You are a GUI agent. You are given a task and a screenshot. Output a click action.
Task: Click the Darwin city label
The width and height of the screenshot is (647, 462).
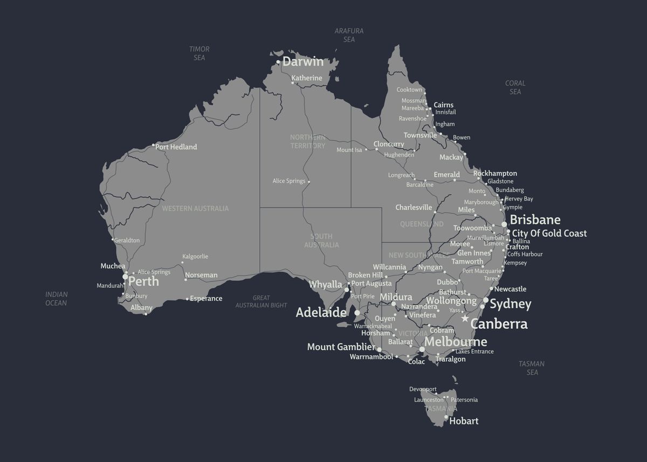click(x=303, y=61)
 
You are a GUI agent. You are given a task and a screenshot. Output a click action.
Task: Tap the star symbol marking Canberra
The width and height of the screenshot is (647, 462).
click(x=465, y=319)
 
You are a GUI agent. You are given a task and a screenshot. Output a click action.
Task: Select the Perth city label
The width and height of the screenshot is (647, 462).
click(x=143, y=281)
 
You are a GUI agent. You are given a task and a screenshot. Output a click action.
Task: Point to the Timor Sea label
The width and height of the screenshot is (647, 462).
click(x=199, y=53)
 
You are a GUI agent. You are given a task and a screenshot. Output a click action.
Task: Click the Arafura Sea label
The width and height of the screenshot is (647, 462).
click(x=349, y=35)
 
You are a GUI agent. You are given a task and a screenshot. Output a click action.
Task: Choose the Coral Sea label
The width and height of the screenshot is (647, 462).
click(x=515, y=87)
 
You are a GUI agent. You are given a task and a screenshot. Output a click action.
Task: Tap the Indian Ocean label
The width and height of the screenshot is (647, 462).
click(x=56, y=299)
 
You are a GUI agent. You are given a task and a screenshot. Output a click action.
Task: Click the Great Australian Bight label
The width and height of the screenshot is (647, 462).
click(x=261, y=301)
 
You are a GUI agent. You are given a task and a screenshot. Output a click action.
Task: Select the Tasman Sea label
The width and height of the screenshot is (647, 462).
click(x=532, y=368)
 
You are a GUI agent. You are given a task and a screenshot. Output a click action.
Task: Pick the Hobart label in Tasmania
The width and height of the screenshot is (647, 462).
click(x=464, y=421)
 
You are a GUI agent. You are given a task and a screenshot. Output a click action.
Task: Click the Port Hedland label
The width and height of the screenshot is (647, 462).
click(x=176, y=147)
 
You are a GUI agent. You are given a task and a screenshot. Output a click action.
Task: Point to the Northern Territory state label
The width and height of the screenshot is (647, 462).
click(x=307, y=141)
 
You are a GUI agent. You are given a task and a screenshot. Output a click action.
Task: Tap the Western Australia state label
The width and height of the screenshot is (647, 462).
click(x=195, y=208)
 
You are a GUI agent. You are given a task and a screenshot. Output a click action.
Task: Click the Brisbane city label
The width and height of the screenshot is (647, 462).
click(x=535, y=220)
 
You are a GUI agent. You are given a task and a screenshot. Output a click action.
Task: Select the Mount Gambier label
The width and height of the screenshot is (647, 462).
click(x=341, y=347)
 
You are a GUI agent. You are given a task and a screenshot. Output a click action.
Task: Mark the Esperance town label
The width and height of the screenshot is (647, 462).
click(x=206, y=298)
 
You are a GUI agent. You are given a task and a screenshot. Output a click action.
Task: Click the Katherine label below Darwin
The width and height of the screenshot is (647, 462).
click(x=307, y=78)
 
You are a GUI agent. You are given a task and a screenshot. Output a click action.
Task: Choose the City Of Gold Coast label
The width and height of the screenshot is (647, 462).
click(x=549, y=233)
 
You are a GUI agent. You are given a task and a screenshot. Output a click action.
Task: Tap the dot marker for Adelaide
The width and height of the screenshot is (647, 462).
click(x=357, y=312)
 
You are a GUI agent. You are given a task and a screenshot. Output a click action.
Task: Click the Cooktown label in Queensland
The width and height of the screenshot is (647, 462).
click(x=409, y=89)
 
